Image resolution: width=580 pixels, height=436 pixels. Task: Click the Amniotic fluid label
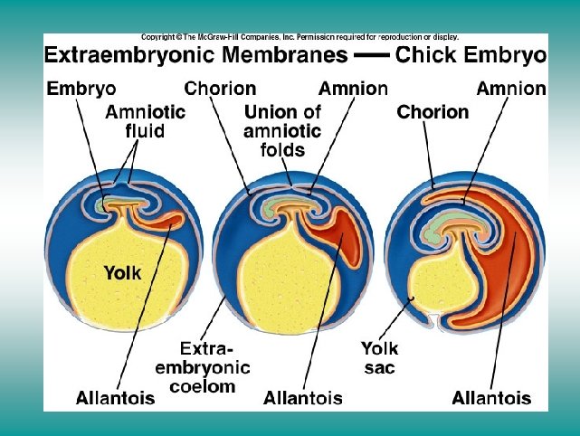pos(145,122)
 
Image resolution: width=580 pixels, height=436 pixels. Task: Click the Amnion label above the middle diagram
pos(354,89)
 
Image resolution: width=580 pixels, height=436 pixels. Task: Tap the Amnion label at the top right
pos(512,89)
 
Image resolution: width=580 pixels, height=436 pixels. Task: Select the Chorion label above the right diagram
pos(433,113)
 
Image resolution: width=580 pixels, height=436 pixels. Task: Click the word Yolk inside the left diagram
pos(122,271)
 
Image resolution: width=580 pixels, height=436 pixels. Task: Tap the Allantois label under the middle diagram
pos(302,398)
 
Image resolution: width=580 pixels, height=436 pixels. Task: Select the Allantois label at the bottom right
pos(491,398)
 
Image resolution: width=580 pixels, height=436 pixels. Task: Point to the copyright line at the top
pos(299,37)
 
